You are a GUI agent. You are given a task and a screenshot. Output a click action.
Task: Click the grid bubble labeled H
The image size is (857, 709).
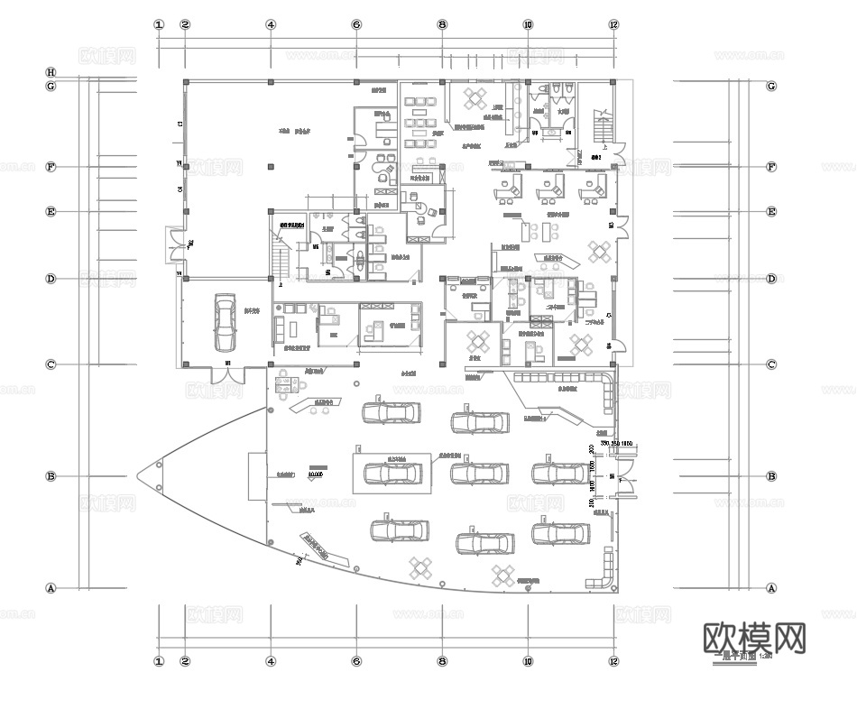(51, 72)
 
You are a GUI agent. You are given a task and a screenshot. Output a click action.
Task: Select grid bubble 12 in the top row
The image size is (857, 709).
(614, 25)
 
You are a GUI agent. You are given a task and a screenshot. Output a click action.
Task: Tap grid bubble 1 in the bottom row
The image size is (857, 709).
(159, 661)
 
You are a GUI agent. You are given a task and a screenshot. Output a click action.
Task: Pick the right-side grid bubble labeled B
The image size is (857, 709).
(771, 476)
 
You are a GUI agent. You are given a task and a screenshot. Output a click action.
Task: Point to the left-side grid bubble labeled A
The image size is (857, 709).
(51, 588)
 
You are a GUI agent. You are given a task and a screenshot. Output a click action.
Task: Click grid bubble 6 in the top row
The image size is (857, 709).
(356, 25)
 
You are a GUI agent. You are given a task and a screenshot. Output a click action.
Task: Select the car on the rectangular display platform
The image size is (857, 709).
(392, 472)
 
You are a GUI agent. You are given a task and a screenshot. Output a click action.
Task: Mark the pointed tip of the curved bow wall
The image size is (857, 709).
(138, 475)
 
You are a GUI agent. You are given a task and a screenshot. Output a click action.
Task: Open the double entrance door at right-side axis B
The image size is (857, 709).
(625, 476)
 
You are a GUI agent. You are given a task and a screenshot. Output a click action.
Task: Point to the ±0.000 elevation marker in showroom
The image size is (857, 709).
(315, 473)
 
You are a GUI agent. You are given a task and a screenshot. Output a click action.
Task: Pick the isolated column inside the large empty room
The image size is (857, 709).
(271, 165)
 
